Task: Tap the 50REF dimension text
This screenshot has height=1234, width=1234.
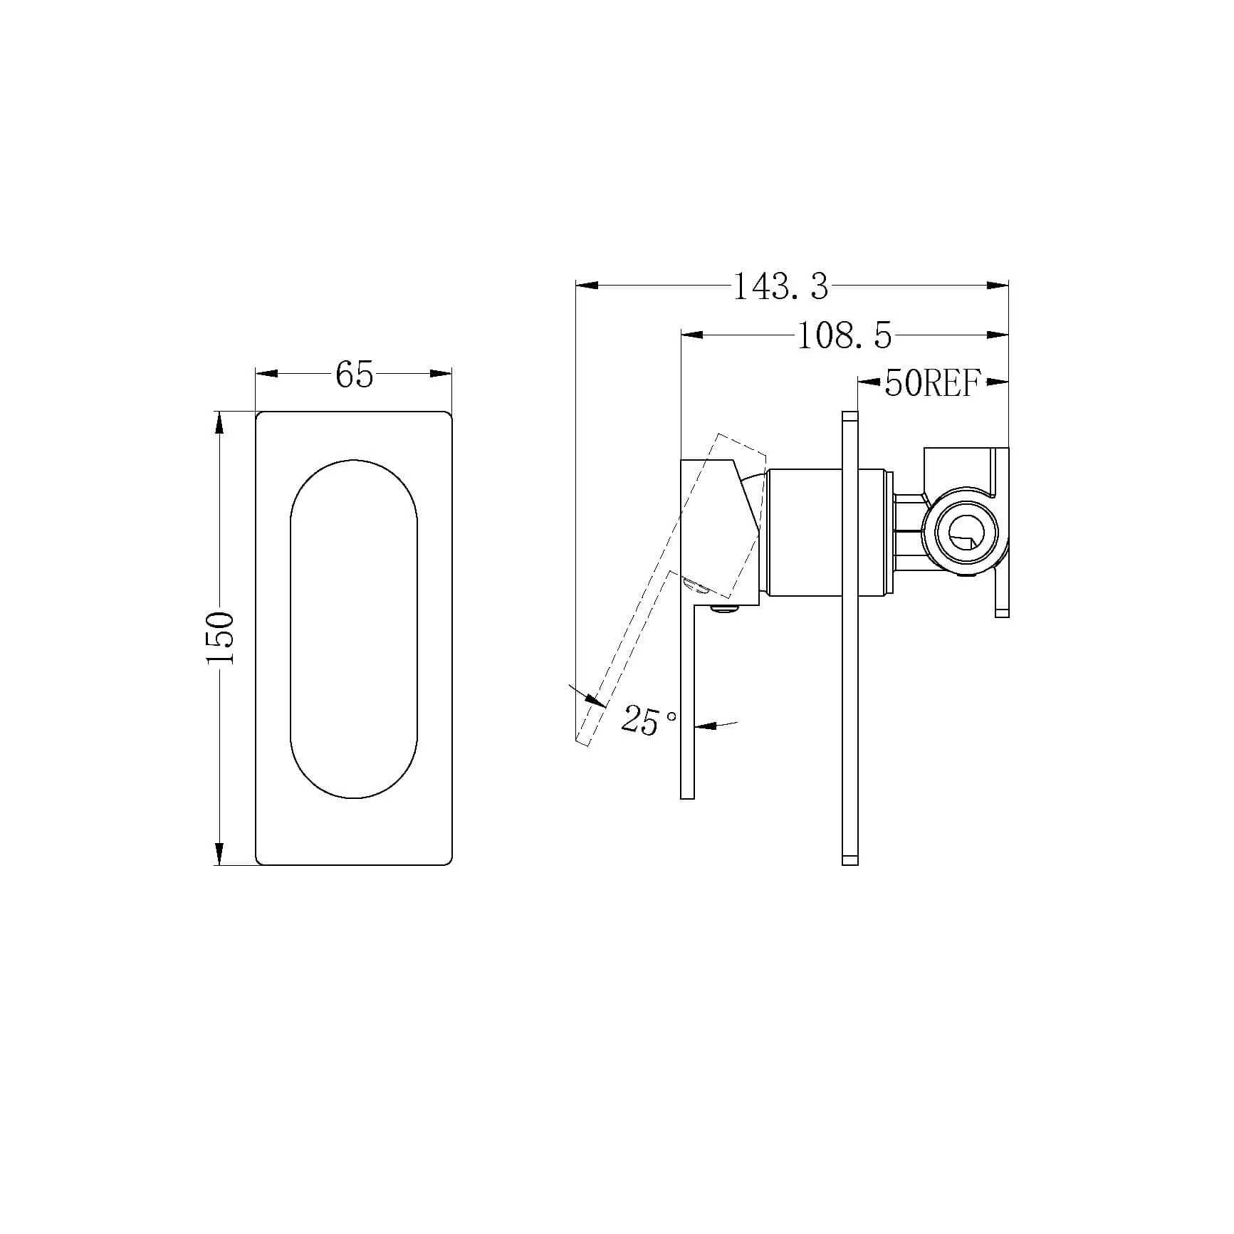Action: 933,383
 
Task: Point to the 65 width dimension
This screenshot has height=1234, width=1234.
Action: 354,375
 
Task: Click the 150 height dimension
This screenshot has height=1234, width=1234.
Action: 220,638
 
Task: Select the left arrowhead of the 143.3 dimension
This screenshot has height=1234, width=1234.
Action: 586,286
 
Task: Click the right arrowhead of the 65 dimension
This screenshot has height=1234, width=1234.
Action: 441,373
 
